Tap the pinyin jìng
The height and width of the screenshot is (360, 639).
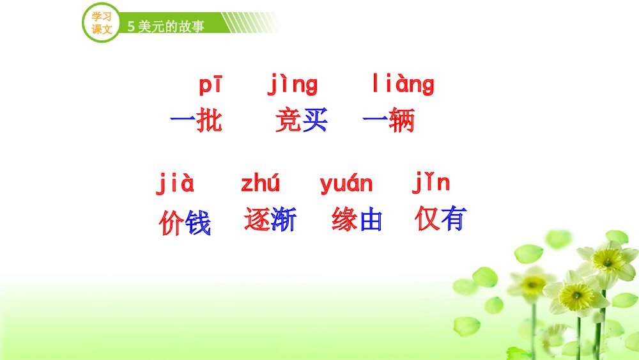point(292,85)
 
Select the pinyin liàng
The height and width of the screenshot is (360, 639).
point(403,85)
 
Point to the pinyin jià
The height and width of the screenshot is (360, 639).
point(175,184)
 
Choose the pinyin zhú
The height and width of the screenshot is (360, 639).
point(260,184)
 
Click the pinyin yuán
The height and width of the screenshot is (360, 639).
point(346,184)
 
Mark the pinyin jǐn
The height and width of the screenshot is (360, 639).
point(431,184)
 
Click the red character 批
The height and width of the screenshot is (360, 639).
point(210,120)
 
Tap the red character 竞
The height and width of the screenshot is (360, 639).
point(288,120)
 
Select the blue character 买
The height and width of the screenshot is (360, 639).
point(314,120)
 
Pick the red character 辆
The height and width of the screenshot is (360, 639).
point(401,120)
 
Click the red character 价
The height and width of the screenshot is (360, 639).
point(171,223)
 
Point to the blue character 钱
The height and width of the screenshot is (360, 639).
point(198,223)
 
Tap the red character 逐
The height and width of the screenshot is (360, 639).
point(257,219)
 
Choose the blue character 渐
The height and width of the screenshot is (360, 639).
point(283,219)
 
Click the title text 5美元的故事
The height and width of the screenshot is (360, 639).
point(166,26)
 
